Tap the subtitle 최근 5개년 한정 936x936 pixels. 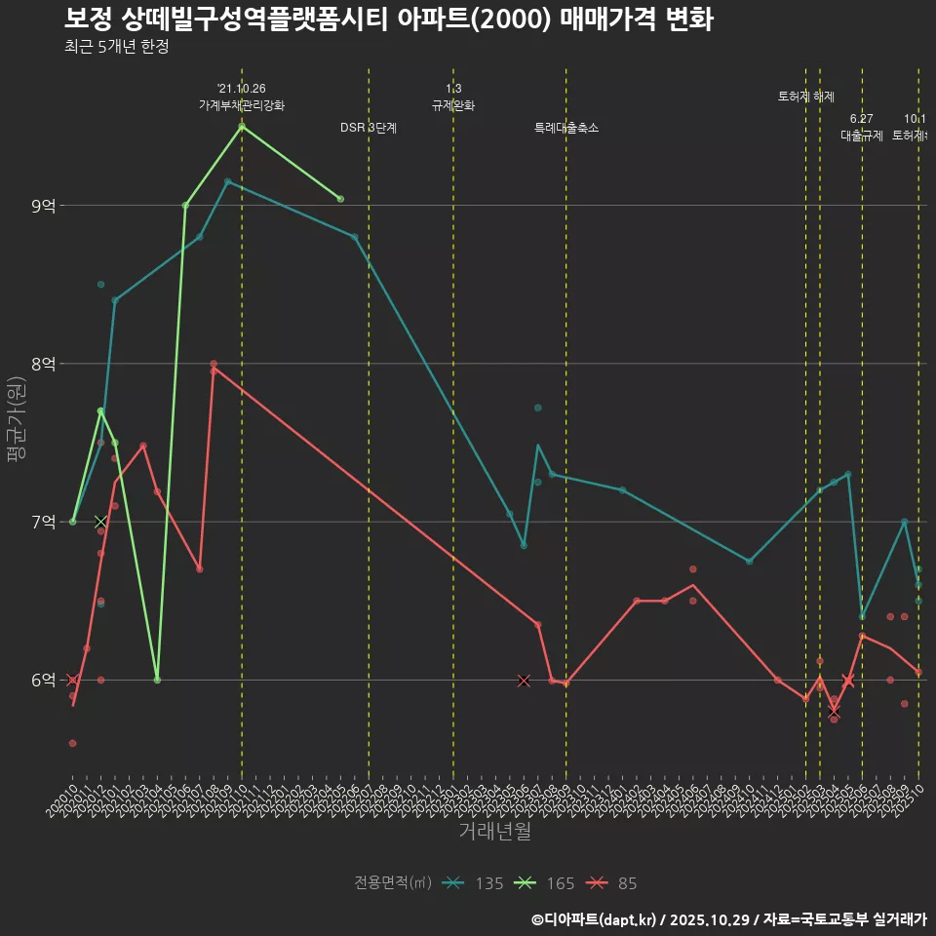pyautogui.click(x=117, y=47)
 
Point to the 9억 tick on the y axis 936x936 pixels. pyautogui.click(x=44, y=206)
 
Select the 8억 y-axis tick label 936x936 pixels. pyautogui.click(x=44, y=364)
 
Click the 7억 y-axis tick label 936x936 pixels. pyautogui.click(x=44, y=522)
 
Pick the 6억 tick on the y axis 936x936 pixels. pyautogui.click(x=44, y=680)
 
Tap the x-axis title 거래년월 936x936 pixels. pyautogui.click(x=494, y=832)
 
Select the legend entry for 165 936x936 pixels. pyautogui.click(x=545, y=883)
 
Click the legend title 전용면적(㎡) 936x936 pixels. pyautogui.click(x=392, y=883)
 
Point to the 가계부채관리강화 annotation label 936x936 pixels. pyautogui.click(x=242, y=105)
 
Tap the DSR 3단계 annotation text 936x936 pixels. pyautogui.click(x=369, y=128)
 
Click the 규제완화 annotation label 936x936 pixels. pyautogui.click(x=453, y=105)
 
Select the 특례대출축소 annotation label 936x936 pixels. pyautogui.click(x=566, y=128)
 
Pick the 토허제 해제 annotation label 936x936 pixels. pyautogui.click(x=806, y=97)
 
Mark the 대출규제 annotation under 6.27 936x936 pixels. pyautogui.click(x=862, y=136)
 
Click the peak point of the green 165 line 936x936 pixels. pyautogui.click(x=242, y=126)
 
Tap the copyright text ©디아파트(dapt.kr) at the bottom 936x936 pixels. pyautogui.click(x=595, y=918)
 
